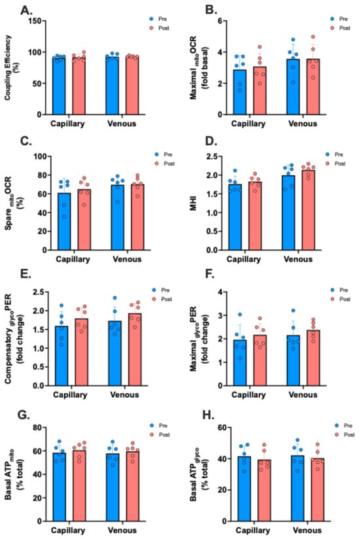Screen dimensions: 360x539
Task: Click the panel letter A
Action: (26, 10)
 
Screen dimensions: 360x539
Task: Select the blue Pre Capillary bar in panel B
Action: (240, 92)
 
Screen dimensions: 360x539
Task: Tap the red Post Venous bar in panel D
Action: (308, 210)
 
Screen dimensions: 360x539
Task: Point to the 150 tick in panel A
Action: (36, 21)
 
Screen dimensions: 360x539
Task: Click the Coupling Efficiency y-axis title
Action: (11, 67)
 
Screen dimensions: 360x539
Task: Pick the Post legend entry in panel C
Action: (166, 164)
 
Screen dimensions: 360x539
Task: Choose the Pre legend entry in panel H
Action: (344, 426)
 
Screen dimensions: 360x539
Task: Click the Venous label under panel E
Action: (124, 394)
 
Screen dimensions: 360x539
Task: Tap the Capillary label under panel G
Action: (68, 530)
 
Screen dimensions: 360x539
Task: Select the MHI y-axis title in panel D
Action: (193, 203)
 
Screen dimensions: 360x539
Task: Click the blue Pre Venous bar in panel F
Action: (293, 360)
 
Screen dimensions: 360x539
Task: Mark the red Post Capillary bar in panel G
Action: (79, 486)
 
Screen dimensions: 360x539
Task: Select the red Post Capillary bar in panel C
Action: (84, 220)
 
